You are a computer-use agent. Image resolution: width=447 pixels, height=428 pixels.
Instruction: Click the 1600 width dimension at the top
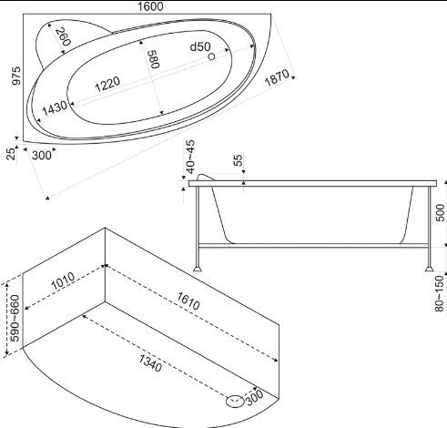(x=150, y=6)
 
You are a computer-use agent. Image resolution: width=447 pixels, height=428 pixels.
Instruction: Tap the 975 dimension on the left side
(x=16, y=76)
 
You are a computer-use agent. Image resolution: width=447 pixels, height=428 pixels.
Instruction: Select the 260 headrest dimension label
(x=63, y=36)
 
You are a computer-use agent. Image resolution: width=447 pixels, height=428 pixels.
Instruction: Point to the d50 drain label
(x=200, y=46)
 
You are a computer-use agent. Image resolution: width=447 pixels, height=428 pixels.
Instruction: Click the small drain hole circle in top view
(x=211, y=56)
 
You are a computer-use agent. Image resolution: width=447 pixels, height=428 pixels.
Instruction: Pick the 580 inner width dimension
(x=153, y=59)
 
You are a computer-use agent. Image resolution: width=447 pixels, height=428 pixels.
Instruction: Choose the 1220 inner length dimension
(x=107, y=84)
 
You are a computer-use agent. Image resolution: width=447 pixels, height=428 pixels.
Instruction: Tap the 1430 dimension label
(x=55, y=108)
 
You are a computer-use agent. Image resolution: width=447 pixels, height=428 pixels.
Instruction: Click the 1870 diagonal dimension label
(x=277, y=77)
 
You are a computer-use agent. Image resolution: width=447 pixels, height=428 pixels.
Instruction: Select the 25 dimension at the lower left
(x=11, y=154)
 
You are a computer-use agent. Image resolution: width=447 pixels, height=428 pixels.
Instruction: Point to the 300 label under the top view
(x=42, y=156)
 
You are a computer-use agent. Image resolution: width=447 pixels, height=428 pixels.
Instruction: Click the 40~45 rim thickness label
(x=190, y=157)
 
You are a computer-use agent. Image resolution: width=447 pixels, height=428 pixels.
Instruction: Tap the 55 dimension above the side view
(x=239, y=160)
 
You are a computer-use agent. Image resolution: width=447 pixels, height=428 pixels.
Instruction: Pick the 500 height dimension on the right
(x=440, y=213)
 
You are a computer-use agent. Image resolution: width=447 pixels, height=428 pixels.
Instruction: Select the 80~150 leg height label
(x=440, y=293)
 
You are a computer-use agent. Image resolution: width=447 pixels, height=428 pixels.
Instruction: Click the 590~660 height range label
(x=15, y=318)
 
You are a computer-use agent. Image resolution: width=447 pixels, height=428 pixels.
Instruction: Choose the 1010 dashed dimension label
(x=63, y=280)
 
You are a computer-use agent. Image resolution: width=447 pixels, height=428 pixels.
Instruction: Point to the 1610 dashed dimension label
(x=188, y=301)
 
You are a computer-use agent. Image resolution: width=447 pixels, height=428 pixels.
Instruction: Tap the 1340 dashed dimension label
(x=150, y=363)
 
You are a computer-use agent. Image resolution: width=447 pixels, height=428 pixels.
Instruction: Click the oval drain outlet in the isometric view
(x=235, y=401)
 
